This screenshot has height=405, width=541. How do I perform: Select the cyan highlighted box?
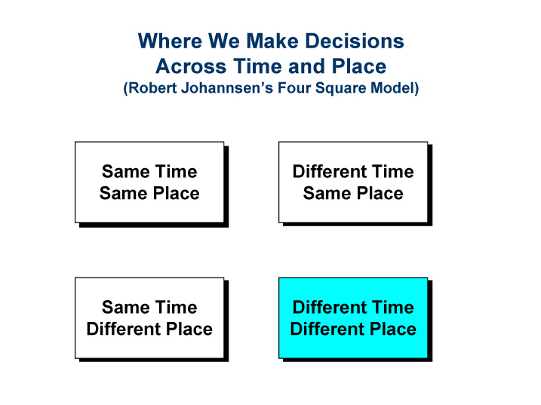[x=352, y=318]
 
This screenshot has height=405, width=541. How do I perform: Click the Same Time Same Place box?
[x=149, y=182]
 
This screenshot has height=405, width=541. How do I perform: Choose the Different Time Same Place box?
[x=352, y=182]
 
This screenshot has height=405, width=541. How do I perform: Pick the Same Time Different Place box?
[x=149, y=318]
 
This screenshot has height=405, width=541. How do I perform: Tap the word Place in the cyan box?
[x=393, y=330]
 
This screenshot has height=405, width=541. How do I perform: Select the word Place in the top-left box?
[x=177, y=194]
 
